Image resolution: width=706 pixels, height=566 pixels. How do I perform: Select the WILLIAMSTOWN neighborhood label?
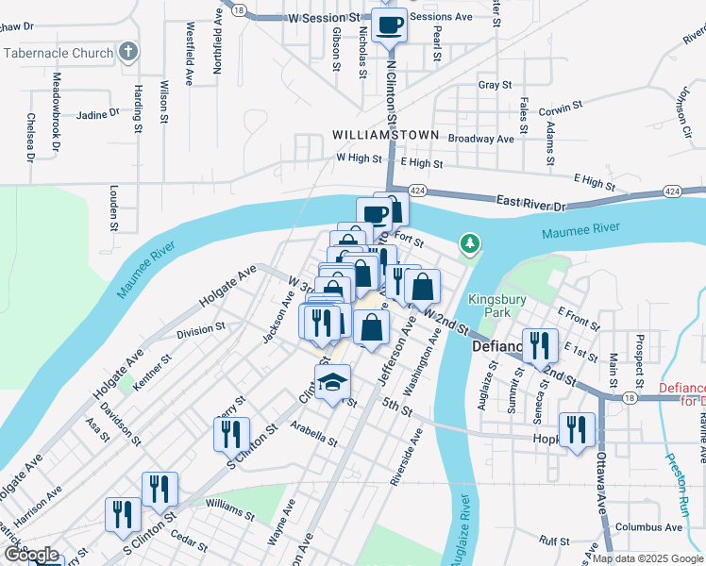point(385,135)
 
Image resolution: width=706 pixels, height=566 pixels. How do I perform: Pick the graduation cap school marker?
point(332,383)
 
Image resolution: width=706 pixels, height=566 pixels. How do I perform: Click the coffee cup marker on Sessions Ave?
point(389,25)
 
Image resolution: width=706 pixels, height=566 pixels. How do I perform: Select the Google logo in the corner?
point(31,555)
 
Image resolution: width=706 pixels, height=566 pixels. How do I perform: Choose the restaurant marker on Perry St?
point(231,434)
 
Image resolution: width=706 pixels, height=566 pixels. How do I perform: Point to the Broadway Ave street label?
point(481,139)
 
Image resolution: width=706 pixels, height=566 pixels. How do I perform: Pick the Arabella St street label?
point(314,435)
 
